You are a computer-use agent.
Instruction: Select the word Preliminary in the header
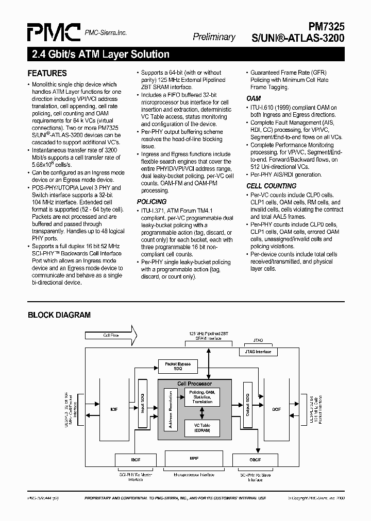click(214, 37)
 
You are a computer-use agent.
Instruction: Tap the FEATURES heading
click(47, 73)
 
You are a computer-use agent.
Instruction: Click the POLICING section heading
click(151, 201)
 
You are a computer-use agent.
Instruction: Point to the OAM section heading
click(254, 98)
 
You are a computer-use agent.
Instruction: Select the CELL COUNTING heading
click(271, 186)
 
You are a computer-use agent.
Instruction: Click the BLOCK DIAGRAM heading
click(59, 315)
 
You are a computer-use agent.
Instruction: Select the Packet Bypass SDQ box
click(177, 366)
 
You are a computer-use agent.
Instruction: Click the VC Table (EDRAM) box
click(202, 428)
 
